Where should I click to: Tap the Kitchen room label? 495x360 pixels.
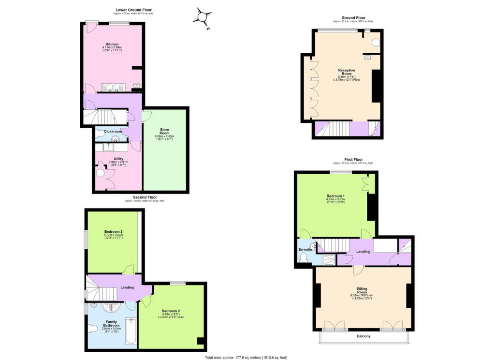coord(112,45)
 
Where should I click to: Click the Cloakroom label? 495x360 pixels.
coord(112,132)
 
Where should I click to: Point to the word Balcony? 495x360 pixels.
coord(364,336)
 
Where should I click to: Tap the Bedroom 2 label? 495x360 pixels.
coord(171,311)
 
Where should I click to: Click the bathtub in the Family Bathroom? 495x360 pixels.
coord(131,331)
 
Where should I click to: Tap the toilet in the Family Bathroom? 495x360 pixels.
coord(94,330)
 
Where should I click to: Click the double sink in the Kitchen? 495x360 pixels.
coord(113,88)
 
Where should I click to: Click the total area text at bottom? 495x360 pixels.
coord(246,357)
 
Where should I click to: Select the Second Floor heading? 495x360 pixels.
coord(145,197)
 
